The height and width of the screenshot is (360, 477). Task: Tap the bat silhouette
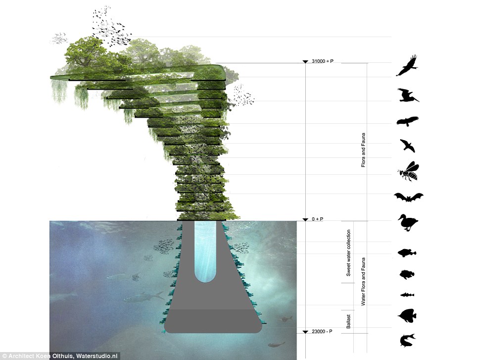[x=408, y=198]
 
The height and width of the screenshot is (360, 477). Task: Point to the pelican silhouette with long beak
[x=408, y=95]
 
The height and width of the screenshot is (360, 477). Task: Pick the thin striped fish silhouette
[x=407, y=295]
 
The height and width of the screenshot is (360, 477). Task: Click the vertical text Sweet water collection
[x=349, y=253]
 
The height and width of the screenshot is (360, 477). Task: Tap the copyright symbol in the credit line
[x=4, y=355]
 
